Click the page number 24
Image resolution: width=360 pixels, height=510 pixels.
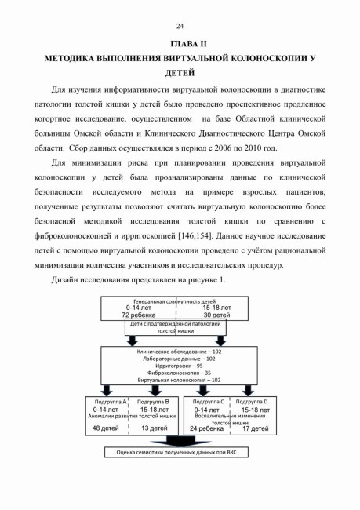coord(180,27)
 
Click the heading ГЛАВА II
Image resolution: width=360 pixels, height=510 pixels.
coord(188,44)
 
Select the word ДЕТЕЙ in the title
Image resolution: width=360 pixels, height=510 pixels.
coord(180,73)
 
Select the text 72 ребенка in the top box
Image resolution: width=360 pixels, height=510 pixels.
coord(139,315)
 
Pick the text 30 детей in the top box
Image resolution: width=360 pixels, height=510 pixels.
coord(216,315)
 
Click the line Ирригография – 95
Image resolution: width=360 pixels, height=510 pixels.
coord(179,366)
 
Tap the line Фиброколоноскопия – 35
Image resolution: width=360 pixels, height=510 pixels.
coord(179,373)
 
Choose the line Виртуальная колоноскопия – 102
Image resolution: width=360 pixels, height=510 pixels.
coord(179,381)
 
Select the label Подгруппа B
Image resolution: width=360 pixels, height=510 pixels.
coord(153,402)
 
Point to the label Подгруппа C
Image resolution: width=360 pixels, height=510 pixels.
coord(209,402)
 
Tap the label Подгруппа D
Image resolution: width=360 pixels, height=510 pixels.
coord(252,402)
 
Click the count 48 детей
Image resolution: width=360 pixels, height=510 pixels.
coord(105,428)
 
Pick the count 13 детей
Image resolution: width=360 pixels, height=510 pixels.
coord(155,428)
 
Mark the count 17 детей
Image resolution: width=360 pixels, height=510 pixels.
coord(255,428)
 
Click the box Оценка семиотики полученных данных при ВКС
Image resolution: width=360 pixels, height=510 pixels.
coord(176,453)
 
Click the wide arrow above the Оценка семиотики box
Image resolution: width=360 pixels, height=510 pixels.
coord(180,441)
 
